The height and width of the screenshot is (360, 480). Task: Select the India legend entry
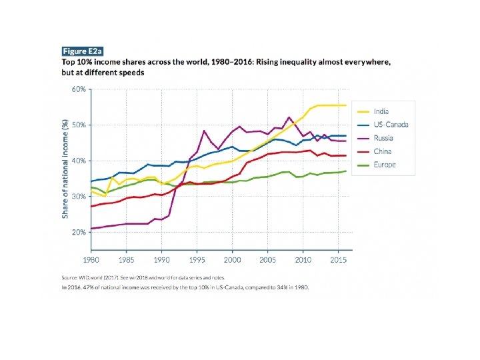click(x=381, y=111)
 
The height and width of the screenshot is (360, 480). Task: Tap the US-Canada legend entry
click(x=390, y=125)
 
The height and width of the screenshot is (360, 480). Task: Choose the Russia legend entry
click(x=383, y=138)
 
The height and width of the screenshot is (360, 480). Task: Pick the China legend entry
click(x=382, y=151)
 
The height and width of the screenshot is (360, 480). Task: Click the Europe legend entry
click(x=385, y=165)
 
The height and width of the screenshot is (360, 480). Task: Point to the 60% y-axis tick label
click(x=79, y=89)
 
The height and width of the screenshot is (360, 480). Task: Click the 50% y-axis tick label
click(x=79, y=125)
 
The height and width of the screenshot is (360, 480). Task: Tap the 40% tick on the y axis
click(x=79, y=161)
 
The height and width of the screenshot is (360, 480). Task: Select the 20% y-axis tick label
click(x=79, y=232)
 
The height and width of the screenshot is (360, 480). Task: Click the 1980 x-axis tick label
click(x=91, y=259)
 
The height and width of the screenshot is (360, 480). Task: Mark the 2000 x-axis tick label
click(x=233, y=259)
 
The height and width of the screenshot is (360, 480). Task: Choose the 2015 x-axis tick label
click(x=339, y=259)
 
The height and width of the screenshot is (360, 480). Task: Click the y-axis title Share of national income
click(x=65, y=168)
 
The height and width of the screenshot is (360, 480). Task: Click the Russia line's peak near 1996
click(x=204, y=131)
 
